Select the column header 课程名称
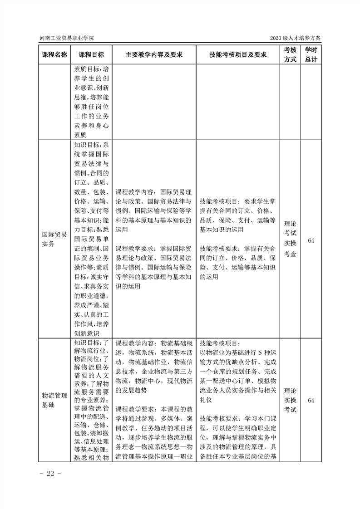pos(54,54)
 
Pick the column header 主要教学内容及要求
pos(154,54)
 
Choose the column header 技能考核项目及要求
pos(237,54)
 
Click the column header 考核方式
pos(290,54)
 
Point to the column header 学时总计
pos(311,54)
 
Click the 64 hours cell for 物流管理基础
pos(311,401)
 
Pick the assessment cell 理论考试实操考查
pos(290,239)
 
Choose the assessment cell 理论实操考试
pos(290,400)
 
